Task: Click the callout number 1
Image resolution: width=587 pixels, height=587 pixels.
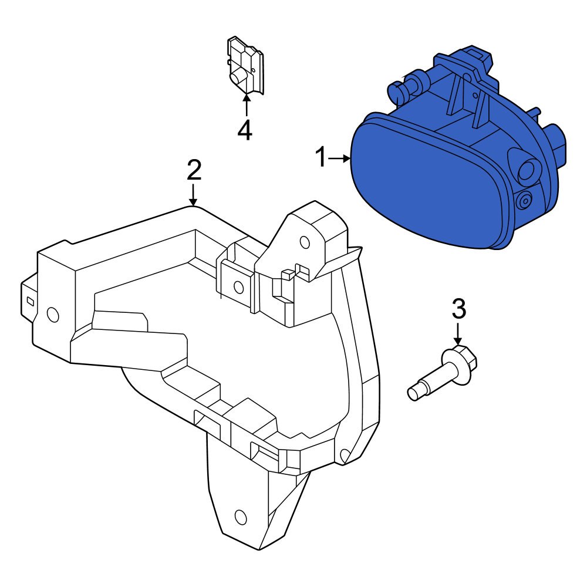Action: [x=321, y=158]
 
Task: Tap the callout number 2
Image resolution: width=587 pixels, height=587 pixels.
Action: [x=194, y=170]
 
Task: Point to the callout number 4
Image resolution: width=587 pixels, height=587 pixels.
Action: [x=245, y=130]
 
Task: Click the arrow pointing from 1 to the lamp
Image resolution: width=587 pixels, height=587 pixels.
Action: [x=339, y=158]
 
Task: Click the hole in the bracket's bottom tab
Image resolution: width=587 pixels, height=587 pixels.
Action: [x=240, y=517]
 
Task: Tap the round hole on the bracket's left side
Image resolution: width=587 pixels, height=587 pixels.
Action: [x=53, y=315]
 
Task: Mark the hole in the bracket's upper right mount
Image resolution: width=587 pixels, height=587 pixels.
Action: [x=304, y=242]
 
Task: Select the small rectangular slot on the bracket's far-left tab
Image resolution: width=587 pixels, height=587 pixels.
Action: [x=29, y=301]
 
